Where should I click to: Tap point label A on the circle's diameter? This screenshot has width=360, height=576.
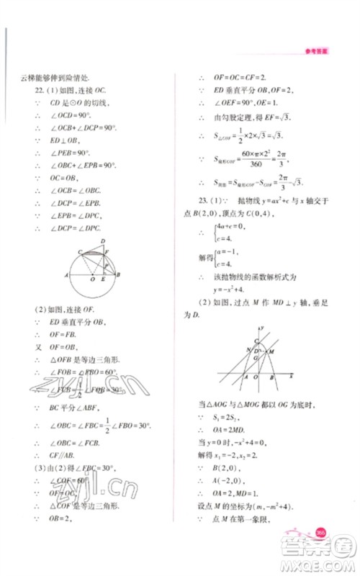[x=66, y=276]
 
